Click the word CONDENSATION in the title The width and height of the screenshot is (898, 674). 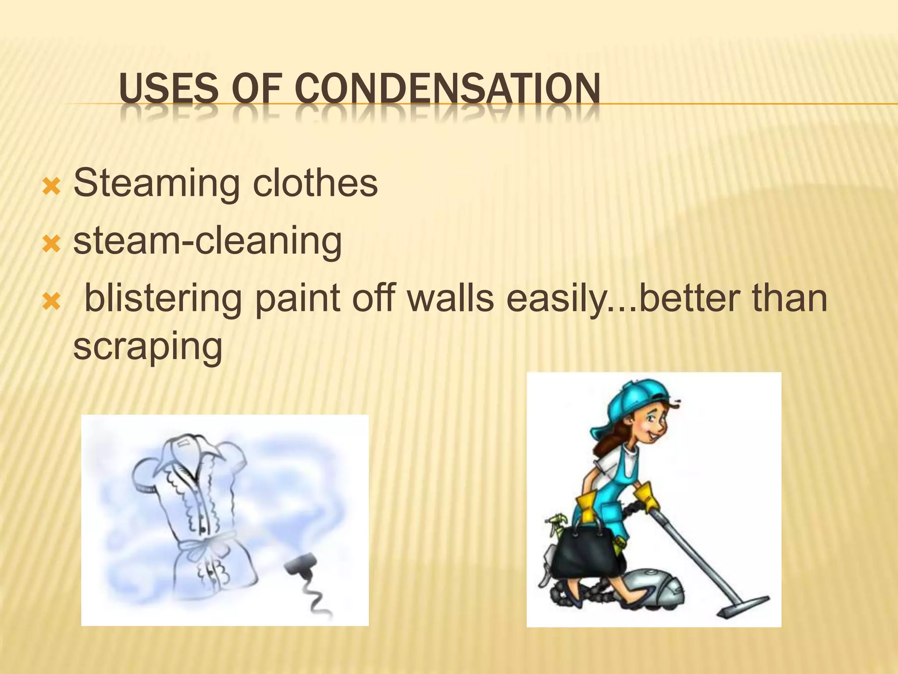click(447, 89)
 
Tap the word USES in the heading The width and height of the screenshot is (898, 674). click(168, 89)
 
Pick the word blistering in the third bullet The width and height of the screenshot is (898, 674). click(163, 298)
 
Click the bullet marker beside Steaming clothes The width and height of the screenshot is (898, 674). click(51, 187)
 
